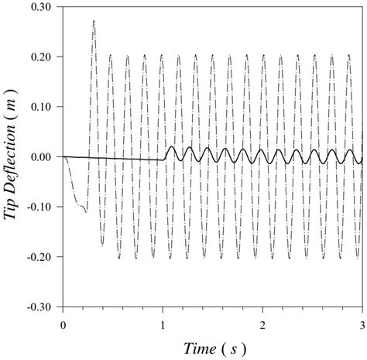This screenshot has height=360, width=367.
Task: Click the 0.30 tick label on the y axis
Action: pos(44,7)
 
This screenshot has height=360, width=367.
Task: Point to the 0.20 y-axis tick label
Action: pos(44,57)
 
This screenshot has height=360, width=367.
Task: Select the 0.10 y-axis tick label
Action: pos(44,107)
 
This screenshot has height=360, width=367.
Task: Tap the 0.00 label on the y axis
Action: pos(44,157)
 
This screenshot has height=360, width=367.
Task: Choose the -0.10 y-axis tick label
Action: pos(43,207)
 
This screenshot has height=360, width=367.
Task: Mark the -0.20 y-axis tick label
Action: pos(43,257)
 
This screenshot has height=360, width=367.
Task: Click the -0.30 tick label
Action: pos(43,307)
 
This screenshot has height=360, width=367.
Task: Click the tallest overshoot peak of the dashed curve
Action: pos(94,21)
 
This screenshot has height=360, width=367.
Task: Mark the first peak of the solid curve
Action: pos(171,146)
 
